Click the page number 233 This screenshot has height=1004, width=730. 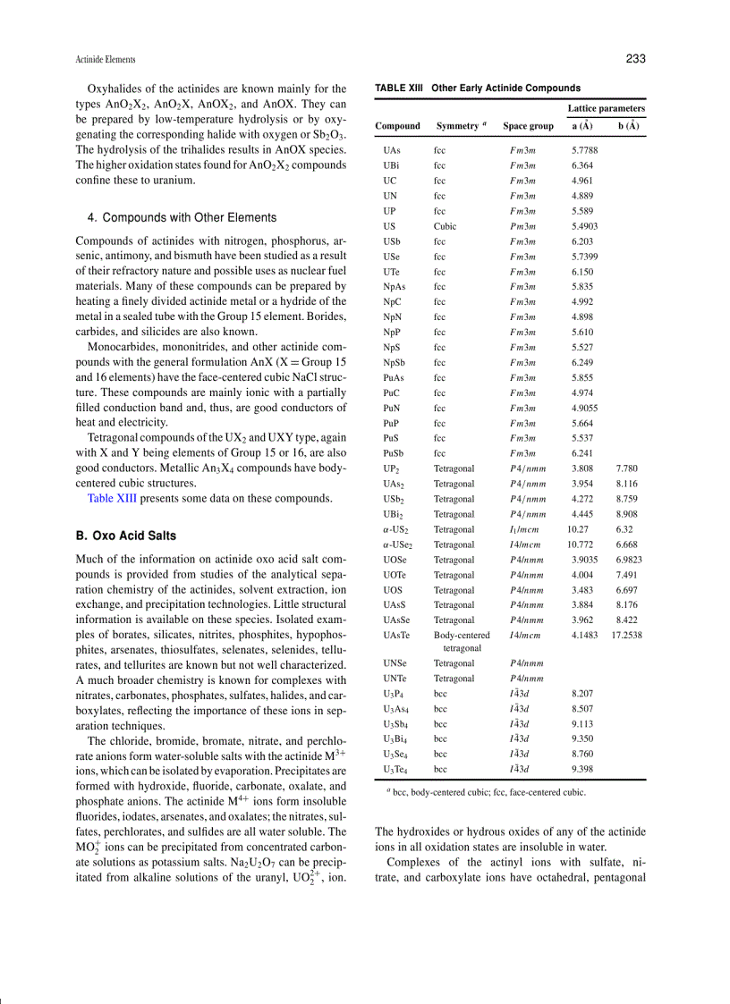click(635, 59)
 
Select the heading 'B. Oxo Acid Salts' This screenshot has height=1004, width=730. click(126, 536)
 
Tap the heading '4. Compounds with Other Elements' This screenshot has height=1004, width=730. click(182, 217)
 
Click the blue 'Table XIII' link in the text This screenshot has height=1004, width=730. click(112, 498)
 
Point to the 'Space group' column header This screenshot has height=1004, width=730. click(528, 126)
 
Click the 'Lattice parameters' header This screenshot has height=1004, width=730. click(606, 108)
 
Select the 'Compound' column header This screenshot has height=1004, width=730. click(397, 126)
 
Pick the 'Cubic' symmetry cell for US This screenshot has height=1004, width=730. click(445, 226)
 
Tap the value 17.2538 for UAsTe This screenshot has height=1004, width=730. click(626, 636)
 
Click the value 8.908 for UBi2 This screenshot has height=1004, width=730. click(626, 514)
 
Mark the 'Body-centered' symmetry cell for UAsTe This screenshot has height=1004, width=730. click(462, 636)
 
